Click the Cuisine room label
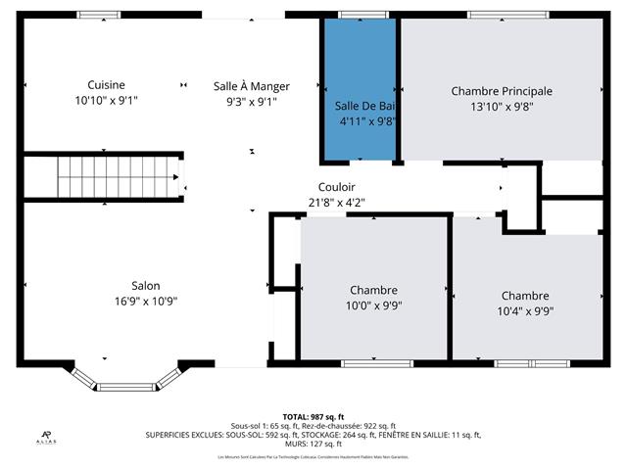[106, 85]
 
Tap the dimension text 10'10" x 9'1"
[106, 100]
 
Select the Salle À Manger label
[252, 86]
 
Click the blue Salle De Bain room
[360, 88]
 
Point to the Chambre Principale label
[502, 91]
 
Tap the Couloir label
[336, 187]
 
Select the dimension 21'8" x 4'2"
[336, 203]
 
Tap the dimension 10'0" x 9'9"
[372, 305]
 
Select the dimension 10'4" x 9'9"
[525, 310]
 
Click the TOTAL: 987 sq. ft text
[313, 416]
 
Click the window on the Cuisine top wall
[101, 15]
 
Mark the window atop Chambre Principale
[501, 15]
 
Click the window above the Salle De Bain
[360, 15]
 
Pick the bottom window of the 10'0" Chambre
[372, 363]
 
